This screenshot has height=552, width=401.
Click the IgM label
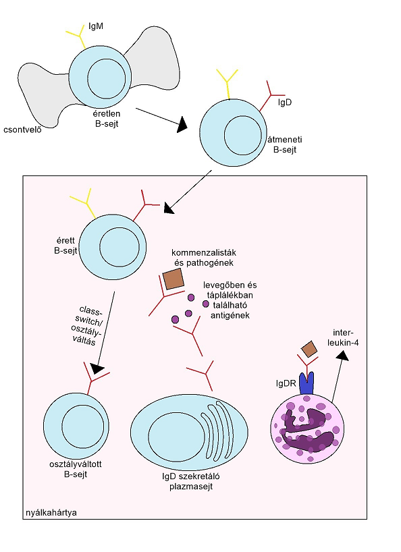click(x=96, y=26)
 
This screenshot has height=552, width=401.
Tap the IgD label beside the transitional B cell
click(x=284, y=103)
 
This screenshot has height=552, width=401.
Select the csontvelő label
click(x=22, y=130)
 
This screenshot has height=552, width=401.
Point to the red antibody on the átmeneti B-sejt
click(x=271, y=95)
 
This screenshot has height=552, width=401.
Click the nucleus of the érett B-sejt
click(x=119, y=248)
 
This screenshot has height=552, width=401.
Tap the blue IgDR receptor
click(x=306, y=383)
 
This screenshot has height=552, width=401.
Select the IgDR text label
click(x=286, y=383)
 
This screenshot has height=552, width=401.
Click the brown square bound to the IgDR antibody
click(x=309, y=349)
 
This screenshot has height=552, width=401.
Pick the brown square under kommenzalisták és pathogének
click(x=173, y=279)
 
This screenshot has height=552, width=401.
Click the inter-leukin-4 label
click(x=343, y=337)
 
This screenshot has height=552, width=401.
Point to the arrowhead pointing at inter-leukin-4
click(x=342, y=356)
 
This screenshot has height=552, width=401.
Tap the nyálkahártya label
click(x=51, y=513)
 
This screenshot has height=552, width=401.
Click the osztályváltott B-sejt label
click(x=76, y=469)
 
